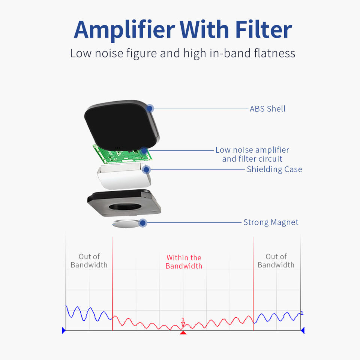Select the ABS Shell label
tap(268, 109)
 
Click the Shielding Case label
tap(274, 169)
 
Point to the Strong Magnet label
tap(271, 222)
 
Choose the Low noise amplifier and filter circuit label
tap(252, 154)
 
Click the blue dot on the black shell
tap(150, 108)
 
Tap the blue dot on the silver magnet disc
tap(142, 223)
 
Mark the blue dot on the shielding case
tap(147, 169)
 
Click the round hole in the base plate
tap(124, 207)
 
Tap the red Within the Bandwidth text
tap(184, 262)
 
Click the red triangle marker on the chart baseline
tap(183, 333)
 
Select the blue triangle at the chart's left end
tap(64, 330)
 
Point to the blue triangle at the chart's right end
tap(302, 330)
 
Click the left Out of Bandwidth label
tap(89, 261)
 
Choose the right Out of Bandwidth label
tap(276, 261)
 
